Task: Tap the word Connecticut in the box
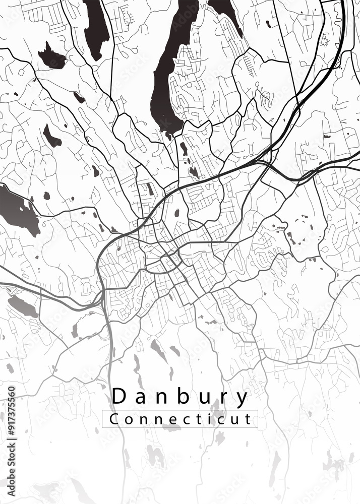tap(180, 419)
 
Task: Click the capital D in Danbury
tap(119, 397)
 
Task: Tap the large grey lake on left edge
tap(18, 209)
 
